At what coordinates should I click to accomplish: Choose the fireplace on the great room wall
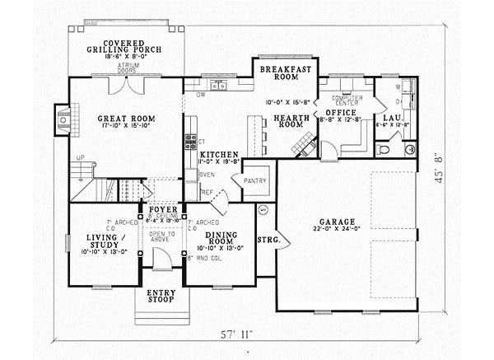(x=63, y=119)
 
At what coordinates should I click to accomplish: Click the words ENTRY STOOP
(x=161, y=297)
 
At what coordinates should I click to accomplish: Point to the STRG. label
(x=269, y=241)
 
